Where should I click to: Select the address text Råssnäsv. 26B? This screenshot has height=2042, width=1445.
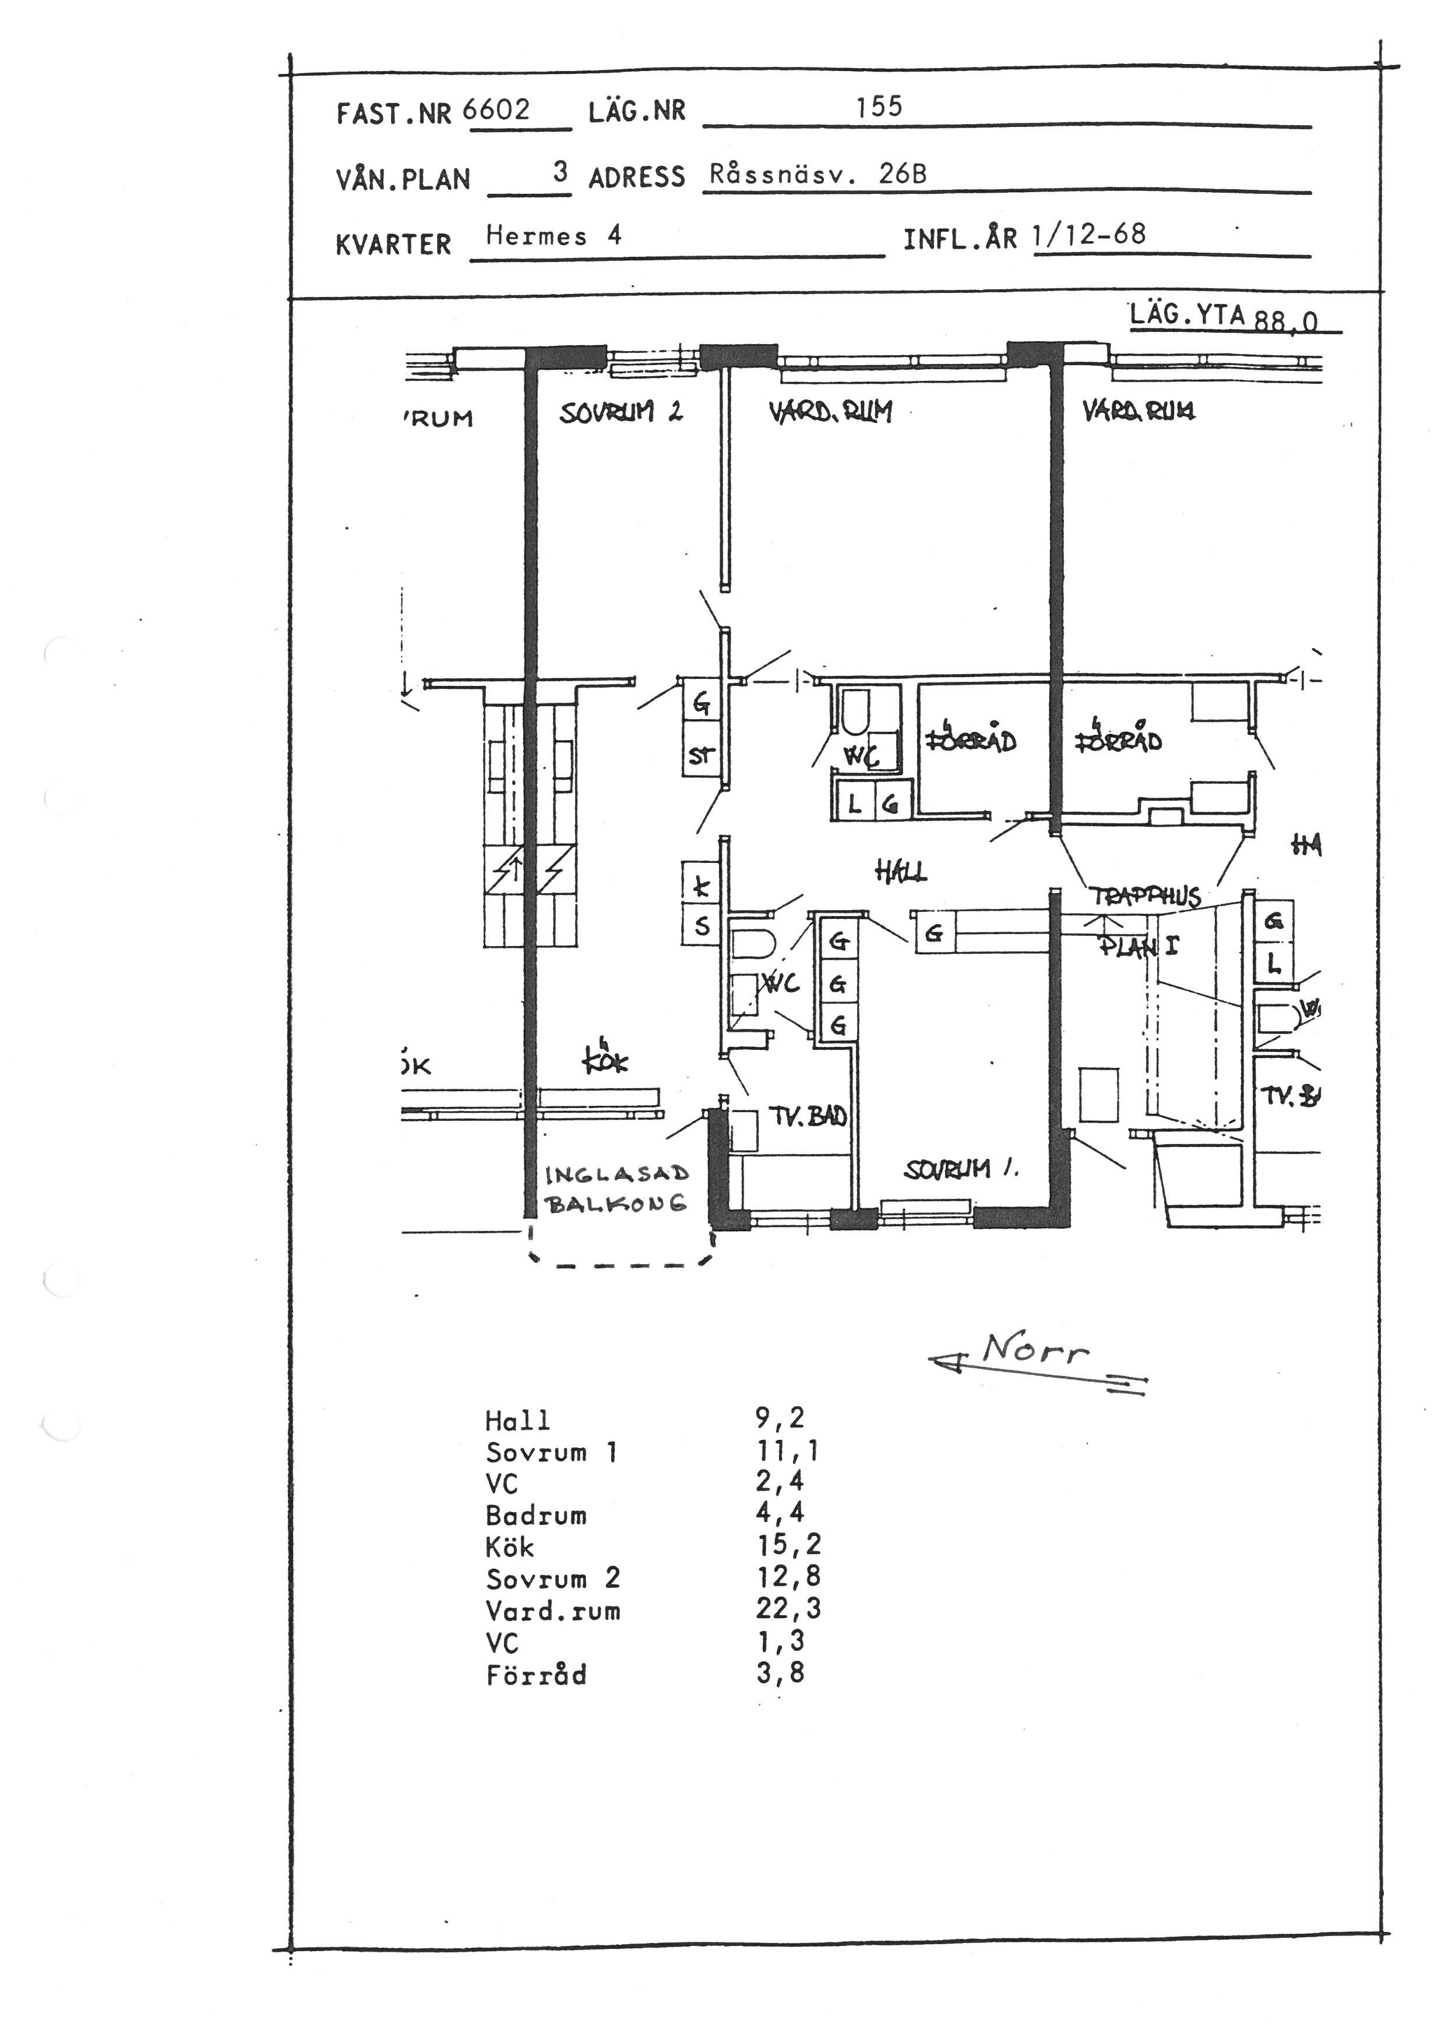(817, 174)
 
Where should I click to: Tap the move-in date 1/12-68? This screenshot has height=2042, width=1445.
(1089, 235)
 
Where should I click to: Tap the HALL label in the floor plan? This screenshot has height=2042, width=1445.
(900, 872)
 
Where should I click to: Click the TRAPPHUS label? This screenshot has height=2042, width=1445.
(1145, 896)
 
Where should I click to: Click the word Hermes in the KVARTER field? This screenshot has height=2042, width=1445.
(535, 236)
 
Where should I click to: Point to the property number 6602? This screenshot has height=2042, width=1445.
(496, 110)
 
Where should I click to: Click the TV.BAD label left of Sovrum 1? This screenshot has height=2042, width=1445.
(807, 1116)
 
